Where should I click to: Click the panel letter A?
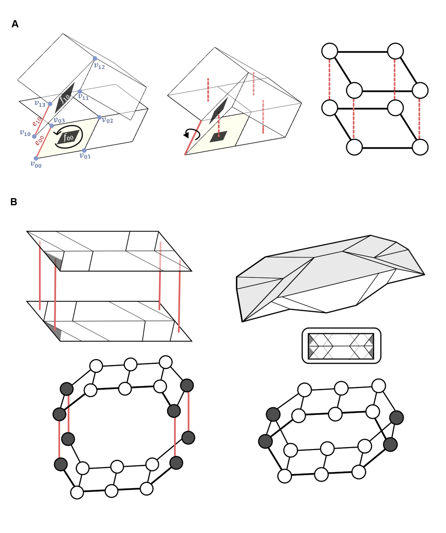[15, 24]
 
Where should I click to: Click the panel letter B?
[13, 202]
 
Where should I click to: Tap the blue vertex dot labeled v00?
[36, 159]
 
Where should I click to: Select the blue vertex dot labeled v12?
[95, 58]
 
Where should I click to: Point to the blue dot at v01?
[84, 151]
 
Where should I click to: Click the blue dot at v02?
[99, 117]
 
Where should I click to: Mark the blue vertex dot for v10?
[34, 136]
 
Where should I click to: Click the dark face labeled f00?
[68, 137]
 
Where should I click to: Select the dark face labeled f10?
[65, 97]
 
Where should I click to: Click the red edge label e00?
[39, 140]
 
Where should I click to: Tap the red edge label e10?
[36, 121]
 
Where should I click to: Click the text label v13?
[40, 104]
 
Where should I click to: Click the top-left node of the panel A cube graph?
[329, 51]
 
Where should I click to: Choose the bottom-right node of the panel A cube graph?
[420, 147]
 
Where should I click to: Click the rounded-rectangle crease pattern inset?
[341, 346]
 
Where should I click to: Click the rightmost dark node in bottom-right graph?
[396, 418]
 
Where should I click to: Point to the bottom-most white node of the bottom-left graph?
[77, 492]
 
